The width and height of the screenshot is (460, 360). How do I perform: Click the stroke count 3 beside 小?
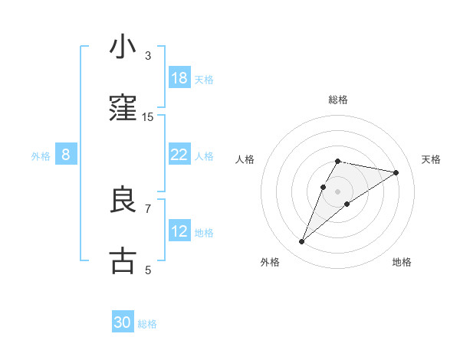tap(148, 55)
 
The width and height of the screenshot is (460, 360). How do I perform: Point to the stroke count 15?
tap(148, 116)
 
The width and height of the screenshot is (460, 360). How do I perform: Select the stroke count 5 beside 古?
tap(148, 270)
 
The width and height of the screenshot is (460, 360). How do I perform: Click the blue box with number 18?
tap(179, 78)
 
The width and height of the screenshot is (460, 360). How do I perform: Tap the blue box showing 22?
tap(179, 155)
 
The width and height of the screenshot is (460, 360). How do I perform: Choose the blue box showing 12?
tap(179, 231)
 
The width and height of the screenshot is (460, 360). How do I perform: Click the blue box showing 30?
tap(123, 323)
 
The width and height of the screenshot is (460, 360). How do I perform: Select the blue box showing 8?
tap(66, 155)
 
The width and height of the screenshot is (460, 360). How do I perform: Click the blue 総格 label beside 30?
tap(147, 324)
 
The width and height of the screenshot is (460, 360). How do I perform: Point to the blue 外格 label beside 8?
tap(41, 155)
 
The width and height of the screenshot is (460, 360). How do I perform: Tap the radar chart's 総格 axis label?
tap(337, 100)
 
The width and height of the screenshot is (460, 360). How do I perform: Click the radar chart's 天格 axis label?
tap(432, 159)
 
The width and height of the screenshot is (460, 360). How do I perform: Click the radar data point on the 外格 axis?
tap(302, 242)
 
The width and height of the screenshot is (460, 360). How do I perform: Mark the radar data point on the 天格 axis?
tap(396, 172)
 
